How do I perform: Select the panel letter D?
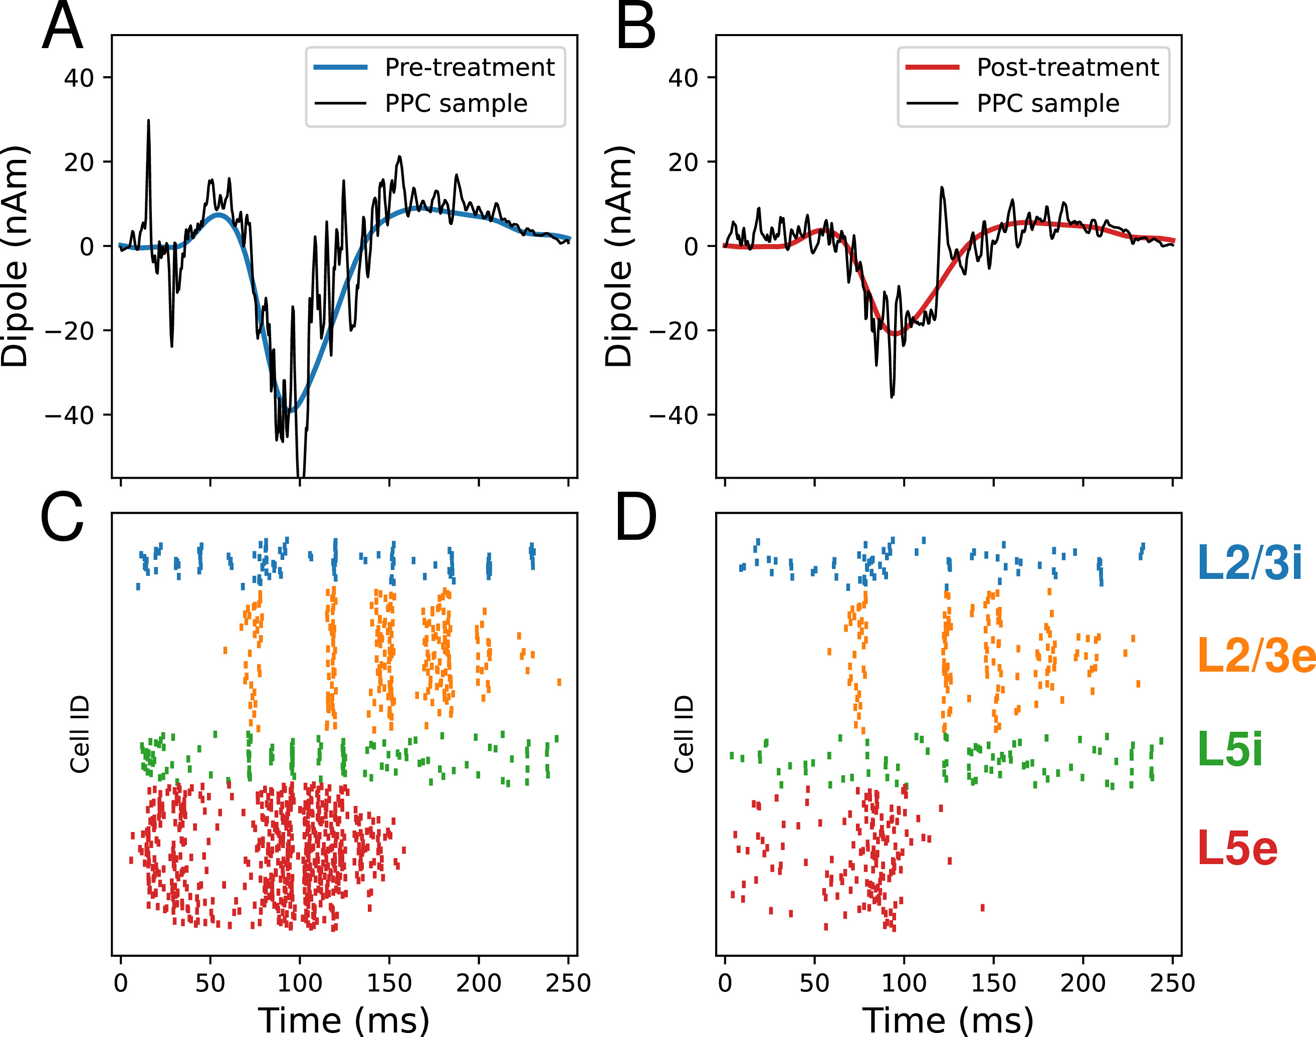(x=635, y=517)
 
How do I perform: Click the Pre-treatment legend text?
(x=469, y=67)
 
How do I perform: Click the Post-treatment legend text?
(x=1068, y=67)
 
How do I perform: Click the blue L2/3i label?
(x=1249, y=563)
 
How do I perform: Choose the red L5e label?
(x=1237, y=848)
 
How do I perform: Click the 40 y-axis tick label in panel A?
(x=79, y=78)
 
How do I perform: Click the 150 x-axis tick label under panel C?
(x=388, y=983)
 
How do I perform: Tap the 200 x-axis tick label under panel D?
(x=1082, y=983)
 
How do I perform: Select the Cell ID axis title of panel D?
(x=684, y=734)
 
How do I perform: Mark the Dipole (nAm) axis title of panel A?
(x=15, y=256)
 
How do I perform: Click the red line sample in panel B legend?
(x=932, y=67)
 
